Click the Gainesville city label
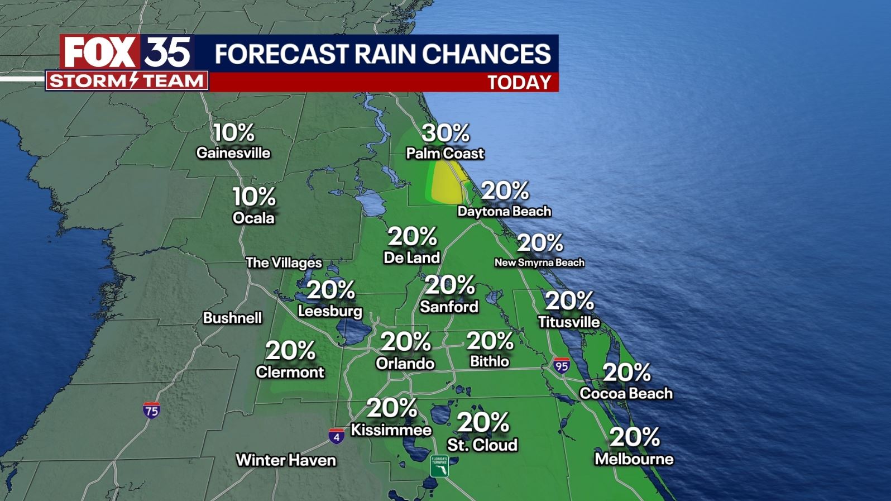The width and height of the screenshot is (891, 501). pyautogui.click(x=233, y=153)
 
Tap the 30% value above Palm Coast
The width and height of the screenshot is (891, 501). pyautogui.click(x=446, y=133)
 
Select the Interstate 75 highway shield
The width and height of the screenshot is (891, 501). pyautogui.click(x=151, y=409)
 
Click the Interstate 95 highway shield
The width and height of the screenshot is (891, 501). pyautogui.click(x=562, y=366)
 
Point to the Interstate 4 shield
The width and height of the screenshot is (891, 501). pyautogui.click(x=336, y=436)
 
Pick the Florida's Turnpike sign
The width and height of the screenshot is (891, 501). pyautogui.click(x=439, y=466)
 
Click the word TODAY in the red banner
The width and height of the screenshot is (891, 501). pyautogui.click(x=519, y=83)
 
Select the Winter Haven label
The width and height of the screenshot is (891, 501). pyautogui.click(x=286, y=460)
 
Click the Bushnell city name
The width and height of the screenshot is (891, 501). pyautogui.click(x=232, y=318)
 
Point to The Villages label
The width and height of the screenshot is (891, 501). pyautogui.click(x=284, y=263)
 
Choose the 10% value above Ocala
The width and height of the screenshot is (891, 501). pyautogui.click(x=254, y=197)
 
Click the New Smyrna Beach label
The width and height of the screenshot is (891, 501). pyautogui.click(x=539, y=263)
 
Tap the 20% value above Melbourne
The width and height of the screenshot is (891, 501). pyautogui.click(x=635, y=437)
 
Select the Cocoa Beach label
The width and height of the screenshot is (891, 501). pyautogui.click(x=626, y=393)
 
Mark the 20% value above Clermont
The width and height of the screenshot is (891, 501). pyautogui.click(x=290, y=351)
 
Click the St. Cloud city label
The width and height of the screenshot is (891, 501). pyautogui.click(x=482, y=445)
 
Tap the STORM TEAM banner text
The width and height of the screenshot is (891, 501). pyautogui.click(x=127, y=81)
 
